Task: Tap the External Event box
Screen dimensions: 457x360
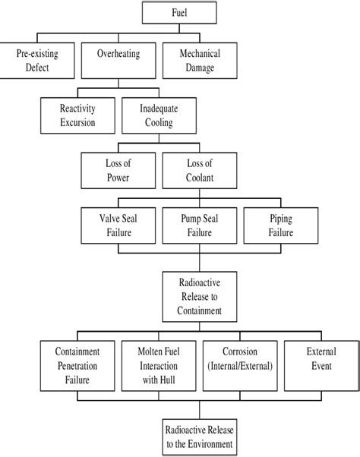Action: [320, 365]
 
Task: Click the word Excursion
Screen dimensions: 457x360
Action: [79, 121]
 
